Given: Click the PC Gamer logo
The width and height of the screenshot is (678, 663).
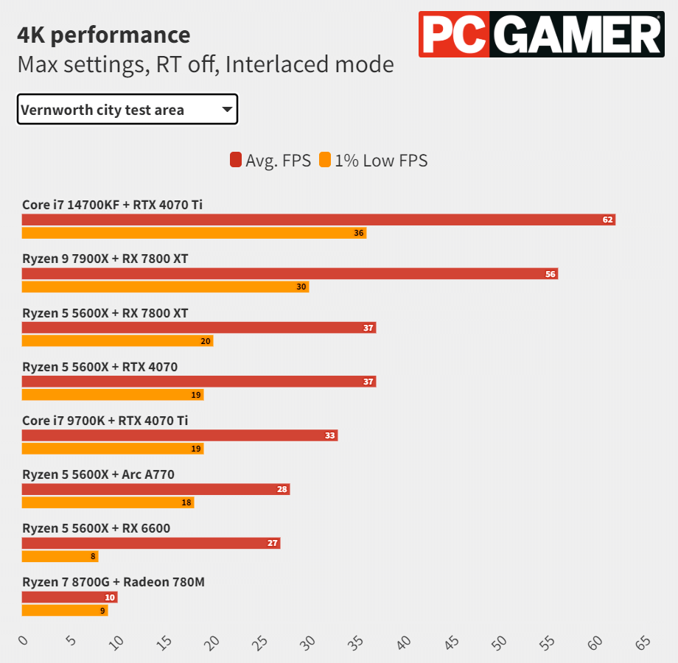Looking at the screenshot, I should coord(540,35).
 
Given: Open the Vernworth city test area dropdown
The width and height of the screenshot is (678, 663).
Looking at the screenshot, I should coord(127,110).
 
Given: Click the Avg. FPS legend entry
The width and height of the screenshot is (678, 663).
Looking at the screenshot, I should coord(270,161).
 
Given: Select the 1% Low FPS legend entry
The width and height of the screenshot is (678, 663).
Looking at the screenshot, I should coord(374,161).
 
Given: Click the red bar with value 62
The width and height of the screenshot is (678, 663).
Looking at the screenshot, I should coord(318,220).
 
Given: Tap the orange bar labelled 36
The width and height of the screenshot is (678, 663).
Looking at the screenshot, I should coord(194,233).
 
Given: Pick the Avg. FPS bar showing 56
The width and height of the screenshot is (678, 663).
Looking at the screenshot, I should coord(290,274).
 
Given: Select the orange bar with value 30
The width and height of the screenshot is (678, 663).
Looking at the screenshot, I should coord(165,287).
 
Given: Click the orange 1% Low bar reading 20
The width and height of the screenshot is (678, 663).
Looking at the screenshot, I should coord(117,340).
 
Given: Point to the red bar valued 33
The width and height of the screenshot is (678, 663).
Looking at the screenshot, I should coord(180,435).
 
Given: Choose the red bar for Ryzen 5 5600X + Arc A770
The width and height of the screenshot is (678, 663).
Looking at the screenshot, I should coord(155,489).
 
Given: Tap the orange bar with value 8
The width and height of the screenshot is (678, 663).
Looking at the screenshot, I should coord(60,556).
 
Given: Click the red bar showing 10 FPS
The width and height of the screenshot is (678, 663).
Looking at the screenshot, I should coord(69,597).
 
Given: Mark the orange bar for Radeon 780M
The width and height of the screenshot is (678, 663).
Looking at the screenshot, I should coord(65,610).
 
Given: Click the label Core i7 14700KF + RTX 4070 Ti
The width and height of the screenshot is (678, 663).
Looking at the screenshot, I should coord(112,205).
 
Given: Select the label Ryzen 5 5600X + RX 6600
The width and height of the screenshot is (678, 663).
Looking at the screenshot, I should coord(96,528).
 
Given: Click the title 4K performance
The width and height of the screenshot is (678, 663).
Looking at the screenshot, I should coord(104,35).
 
